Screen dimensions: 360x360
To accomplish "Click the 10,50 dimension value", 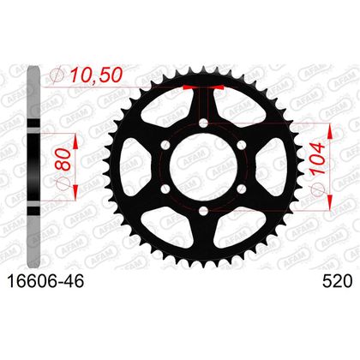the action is [96, 75].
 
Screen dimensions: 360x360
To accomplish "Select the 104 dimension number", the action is [317, 159].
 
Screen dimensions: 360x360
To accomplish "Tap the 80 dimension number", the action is [63, 160].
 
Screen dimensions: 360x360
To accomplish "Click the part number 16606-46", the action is [45, 281].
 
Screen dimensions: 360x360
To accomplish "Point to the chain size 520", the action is [337, 281].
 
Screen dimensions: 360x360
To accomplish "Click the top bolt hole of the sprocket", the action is [203, 123].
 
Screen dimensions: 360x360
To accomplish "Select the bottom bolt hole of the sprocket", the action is [203, 211].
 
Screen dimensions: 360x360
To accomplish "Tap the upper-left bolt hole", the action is [165, 145].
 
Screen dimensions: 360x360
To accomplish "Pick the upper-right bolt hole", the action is [242, 145].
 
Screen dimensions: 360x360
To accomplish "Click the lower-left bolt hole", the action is [165, 189].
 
